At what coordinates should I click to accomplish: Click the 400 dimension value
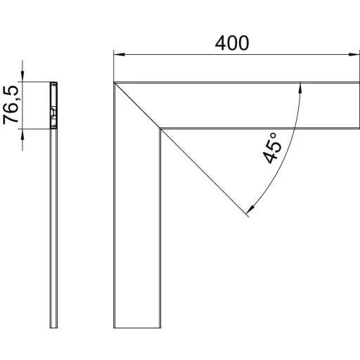point(232,44)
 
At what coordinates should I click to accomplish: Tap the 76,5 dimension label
point(11,105)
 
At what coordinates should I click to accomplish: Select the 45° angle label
point(272,148)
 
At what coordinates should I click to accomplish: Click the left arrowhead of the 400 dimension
point(119,54)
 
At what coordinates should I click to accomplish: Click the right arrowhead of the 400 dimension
point(354,54)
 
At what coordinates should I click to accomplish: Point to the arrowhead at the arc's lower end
point(251,209)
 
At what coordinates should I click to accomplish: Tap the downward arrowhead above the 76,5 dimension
point(22,77)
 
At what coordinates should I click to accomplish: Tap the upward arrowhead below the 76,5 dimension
point(22,134)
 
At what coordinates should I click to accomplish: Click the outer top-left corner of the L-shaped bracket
point(114,82)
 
